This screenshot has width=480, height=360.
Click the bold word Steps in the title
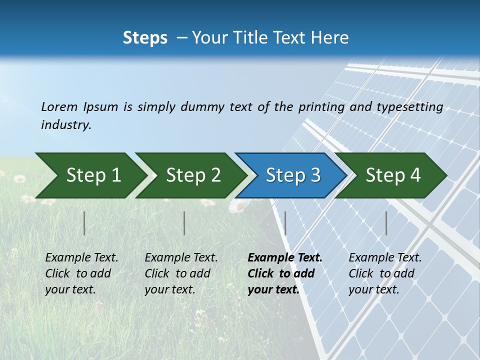pyautogui.click(x=145, y=38)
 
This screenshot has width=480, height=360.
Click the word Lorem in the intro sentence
pyautogui.click(x=59, y=106)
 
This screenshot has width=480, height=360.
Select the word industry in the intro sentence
pyautogui.click(x=65, y=124)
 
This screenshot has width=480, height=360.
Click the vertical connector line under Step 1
pyautogui.click(x=84, y=223)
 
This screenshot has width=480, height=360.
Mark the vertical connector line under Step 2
pyautogui.click(x=184, y=223)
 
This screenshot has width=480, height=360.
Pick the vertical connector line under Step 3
pyautogui.click(x=285, y=223)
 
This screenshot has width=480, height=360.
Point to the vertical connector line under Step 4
pyautogui.click(x=386, y=223)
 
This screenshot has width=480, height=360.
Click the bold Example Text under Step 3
pyautogui.click(x=285, y=257)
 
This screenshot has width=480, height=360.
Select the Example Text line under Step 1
pyautogui.click(x=81, y=257)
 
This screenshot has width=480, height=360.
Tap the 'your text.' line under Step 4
pyautogui.click(x=373, y=289)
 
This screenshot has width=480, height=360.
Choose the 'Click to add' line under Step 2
pyautogui.click(x=177, y=273)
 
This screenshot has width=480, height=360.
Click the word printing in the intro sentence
pyautogui.click(x=320, y=107)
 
